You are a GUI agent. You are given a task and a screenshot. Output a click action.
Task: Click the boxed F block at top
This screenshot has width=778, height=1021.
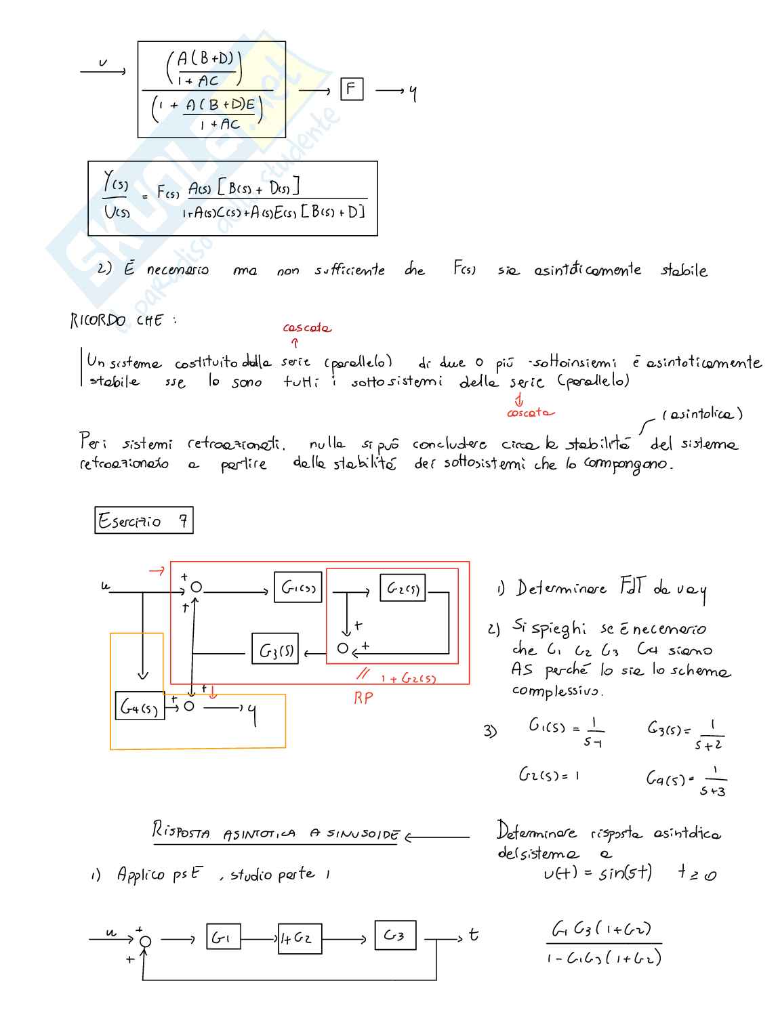point(351,89)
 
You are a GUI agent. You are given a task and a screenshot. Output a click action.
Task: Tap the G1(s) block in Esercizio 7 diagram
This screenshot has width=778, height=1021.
point(298,587)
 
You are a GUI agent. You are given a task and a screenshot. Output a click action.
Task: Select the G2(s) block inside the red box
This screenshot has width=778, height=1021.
point(403,588)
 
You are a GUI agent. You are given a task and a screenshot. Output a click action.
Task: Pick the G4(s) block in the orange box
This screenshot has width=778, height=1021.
point(140,707)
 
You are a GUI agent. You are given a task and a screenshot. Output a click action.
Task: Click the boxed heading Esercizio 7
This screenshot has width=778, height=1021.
point(144,520)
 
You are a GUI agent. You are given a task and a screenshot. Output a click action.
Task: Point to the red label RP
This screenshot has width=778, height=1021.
point(363,697)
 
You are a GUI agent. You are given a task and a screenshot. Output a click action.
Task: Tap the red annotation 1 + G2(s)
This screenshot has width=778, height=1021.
point(408,678)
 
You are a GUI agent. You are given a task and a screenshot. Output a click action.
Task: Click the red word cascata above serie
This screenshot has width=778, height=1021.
point(307,328)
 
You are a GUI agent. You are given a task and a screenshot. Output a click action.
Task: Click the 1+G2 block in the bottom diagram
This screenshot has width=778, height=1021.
point(299,938)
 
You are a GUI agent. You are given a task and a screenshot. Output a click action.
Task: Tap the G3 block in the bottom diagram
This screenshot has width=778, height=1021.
point(394,936)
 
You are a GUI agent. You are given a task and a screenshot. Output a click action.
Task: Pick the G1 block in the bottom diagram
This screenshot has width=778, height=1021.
point(223,937)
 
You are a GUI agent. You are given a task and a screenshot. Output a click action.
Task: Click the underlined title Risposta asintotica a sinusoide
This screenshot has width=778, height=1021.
point(275,833)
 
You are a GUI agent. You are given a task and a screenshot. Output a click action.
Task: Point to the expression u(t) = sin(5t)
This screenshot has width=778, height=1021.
point(598,873)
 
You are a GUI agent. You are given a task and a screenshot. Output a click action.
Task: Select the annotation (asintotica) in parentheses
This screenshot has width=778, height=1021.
point(702,413)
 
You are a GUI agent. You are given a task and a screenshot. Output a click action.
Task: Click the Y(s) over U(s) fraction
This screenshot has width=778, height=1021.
point(116,196)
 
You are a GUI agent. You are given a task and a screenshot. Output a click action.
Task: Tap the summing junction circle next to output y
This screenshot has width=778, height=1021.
point(189,707)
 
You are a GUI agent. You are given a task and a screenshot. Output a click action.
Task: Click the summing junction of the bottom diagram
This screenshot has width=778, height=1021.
point(145,941)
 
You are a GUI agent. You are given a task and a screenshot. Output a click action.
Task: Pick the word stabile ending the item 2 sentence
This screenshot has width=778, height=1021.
point(684,270)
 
